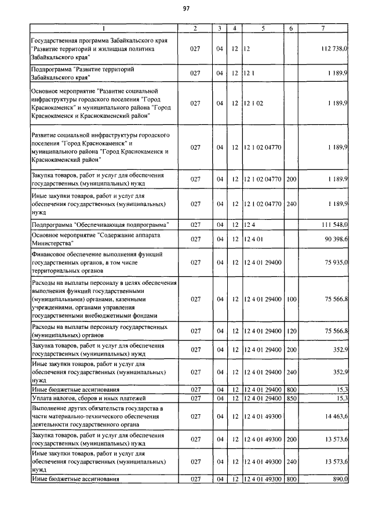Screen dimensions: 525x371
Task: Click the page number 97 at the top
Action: click(x=186, y=8)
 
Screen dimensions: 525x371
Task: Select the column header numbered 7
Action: click(x=322, y=28)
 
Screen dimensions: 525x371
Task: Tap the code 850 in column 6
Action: click(x=291, y=399)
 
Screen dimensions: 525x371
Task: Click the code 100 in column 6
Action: click(x=291, y=299)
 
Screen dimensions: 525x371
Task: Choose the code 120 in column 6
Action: click(x=291, y=331)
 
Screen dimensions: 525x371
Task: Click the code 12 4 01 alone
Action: click(x=254, y=239)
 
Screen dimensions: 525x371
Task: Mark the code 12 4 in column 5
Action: click(x=249, y=224)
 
